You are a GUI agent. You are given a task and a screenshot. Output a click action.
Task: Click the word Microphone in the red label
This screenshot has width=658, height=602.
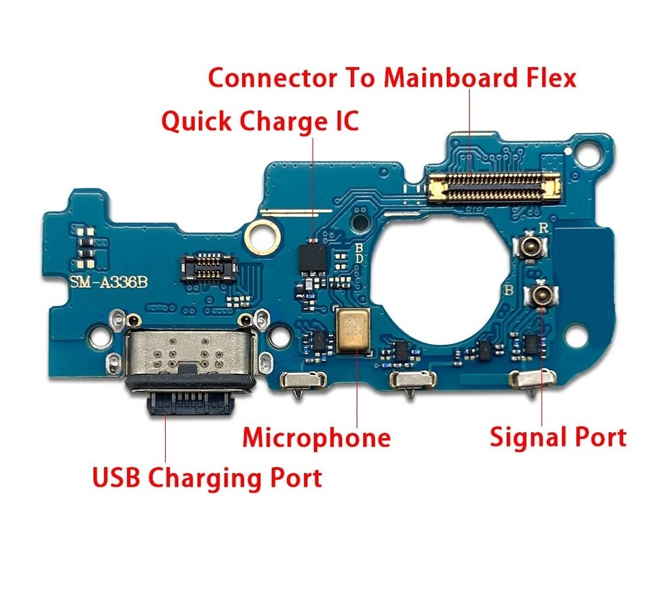[316, 437]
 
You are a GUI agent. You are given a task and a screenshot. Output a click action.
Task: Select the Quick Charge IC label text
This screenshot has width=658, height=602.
[260, 122]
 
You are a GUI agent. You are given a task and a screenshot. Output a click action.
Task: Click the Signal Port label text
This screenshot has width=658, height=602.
[558, 437]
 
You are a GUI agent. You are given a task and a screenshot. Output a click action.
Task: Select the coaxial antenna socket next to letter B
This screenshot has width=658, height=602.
[539, 296]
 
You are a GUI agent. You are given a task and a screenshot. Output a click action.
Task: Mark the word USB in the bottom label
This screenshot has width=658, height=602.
[117, 477]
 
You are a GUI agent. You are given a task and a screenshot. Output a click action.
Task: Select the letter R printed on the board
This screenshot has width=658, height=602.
[543, 228]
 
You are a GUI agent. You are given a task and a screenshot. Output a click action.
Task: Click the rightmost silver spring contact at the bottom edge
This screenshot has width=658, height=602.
[531, 380]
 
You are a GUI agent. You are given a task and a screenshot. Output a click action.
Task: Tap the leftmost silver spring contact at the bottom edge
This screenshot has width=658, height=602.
[303, 380]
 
